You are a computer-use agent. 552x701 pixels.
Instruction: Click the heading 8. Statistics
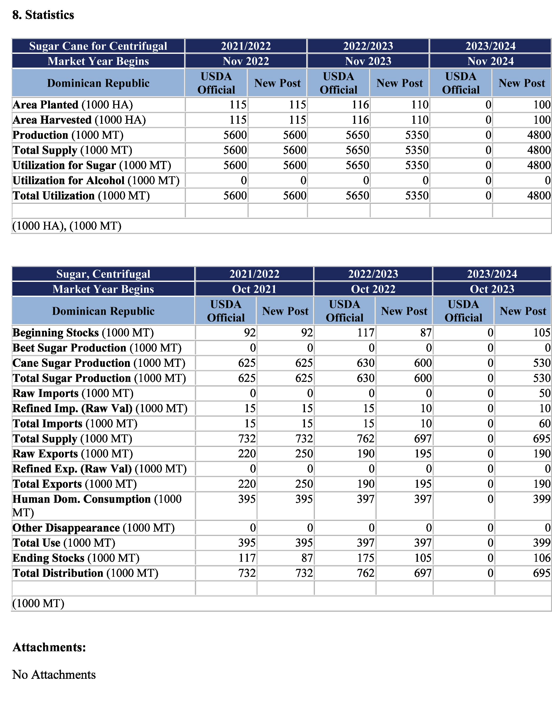pos(43,15)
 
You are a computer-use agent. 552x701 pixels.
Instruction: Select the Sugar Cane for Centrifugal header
pos(98,46)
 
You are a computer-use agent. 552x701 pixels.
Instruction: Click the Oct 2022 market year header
pos(373,289)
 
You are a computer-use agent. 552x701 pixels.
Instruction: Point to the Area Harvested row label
pos(79,120)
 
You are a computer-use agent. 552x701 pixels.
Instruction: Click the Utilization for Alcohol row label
pos(96,180)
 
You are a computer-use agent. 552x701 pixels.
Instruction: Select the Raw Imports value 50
pos(545,393)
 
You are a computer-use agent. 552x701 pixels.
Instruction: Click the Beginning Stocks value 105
pos(541,332)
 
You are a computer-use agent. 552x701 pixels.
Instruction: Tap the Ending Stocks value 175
pos(366,558)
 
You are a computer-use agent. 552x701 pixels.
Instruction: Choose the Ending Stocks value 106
pos(541,558)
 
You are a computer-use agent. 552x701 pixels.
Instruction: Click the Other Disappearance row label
pos(93,528)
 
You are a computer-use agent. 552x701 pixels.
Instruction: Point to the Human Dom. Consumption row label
pos(97,505)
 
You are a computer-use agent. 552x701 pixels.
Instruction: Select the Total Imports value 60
pos(545,423)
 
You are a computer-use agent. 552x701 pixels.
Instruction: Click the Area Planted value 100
pos(542,105)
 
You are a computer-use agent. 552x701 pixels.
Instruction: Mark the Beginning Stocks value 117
pos(366,332)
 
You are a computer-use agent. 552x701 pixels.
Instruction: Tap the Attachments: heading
pos(49,647)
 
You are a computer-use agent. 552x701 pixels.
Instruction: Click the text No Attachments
pos(54,674)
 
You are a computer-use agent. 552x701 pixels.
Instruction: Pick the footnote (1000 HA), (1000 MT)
pos(67,226)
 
